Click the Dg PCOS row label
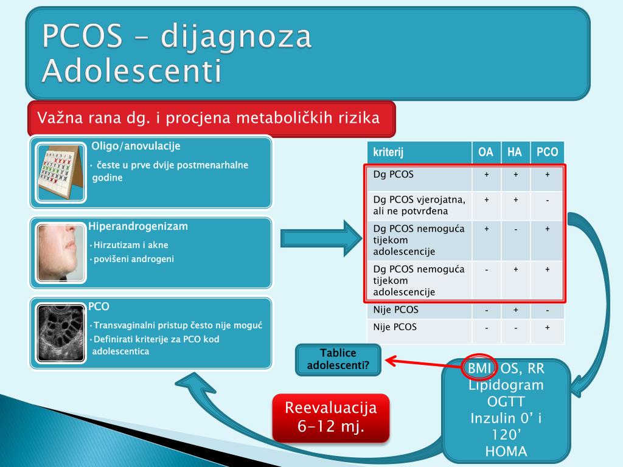point(394,175)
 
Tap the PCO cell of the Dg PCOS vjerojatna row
point(548,200)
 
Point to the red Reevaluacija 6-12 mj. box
point(331,417)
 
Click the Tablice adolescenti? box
point(338,359)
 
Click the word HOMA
point(506,451)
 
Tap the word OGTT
point(506,402)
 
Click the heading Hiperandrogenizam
point(138,227)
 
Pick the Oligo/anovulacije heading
point(136,146)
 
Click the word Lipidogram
point(506,386)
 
